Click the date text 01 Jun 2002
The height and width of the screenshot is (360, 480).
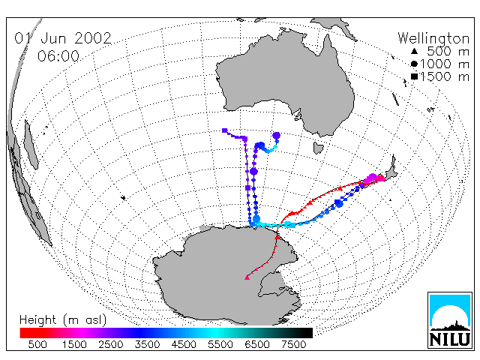63,38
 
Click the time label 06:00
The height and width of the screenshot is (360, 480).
58,56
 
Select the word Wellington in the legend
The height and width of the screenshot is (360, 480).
433,39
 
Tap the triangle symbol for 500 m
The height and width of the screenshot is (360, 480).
414,51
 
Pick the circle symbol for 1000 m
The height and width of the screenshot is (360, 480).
414,64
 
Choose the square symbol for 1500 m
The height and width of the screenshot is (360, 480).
414,76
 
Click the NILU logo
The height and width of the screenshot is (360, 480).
450,320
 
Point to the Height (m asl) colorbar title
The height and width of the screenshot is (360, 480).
63,320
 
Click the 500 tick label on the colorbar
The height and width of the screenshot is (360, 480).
37,345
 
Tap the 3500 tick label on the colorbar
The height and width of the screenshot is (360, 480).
147,345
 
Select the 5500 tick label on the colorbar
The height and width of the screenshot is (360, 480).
220,345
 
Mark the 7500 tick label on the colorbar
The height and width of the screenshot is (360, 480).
293,345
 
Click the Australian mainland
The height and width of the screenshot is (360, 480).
285,79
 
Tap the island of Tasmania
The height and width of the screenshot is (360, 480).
318,148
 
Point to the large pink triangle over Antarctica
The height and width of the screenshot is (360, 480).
247,277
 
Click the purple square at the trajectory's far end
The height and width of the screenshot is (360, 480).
225,130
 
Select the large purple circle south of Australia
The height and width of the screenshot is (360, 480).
277,135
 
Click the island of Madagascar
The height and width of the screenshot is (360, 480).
31,145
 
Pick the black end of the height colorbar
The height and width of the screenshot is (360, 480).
303,333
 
